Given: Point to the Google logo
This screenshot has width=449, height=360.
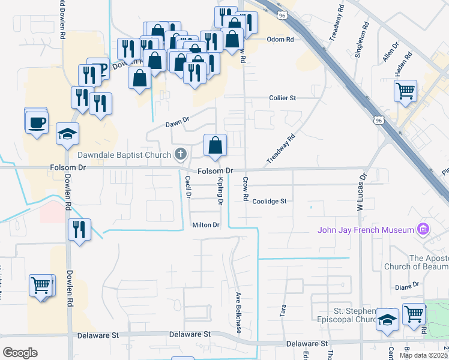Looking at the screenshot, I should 20,353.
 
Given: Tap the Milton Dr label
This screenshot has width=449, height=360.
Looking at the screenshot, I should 206,225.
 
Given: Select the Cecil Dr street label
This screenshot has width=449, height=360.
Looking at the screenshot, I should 188,187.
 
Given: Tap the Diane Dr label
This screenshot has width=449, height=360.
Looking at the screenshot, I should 407,287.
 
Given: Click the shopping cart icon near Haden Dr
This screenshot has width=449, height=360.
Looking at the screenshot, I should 406,91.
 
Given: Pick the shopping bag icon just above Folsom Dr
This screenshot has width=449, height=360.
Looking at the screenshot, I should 215,145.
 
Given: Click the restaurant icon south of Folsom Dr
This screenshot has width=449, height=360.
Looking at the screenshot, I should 79,229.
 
